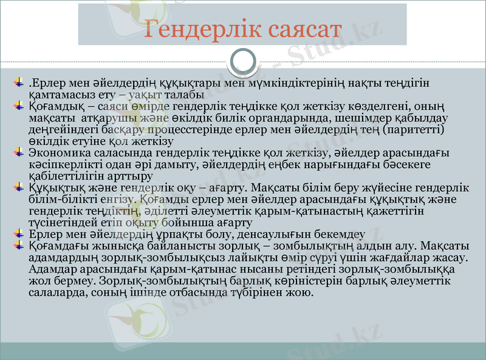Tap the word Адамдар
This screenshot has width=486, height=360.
(51, 268)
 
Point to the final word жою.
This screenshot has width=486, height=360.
(301, 292)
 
